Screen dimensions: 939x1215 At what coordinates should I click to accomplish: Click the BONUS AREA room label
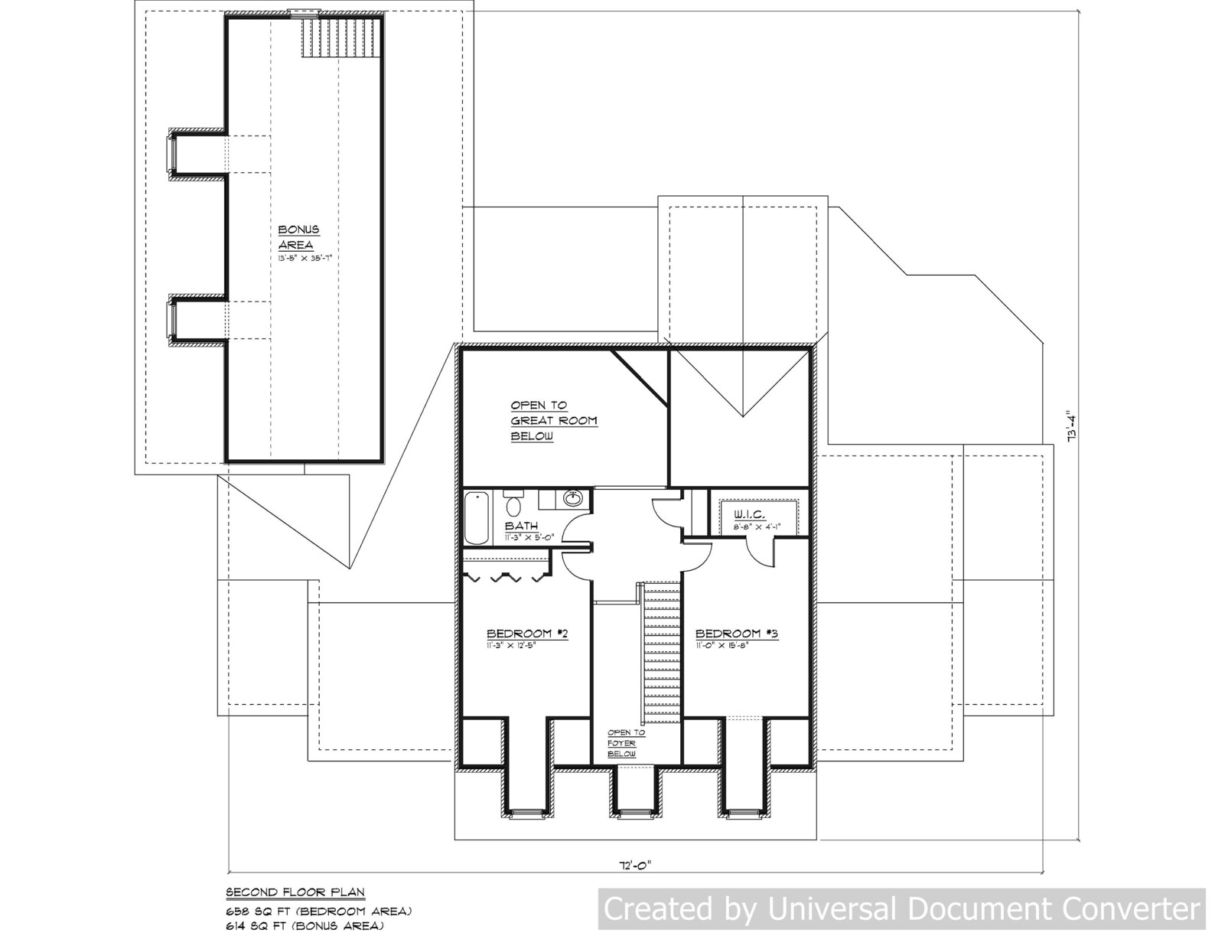(x=298, y=237)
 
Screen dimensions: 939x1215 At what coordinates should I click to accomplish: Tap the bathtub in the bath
(x=477, y=518)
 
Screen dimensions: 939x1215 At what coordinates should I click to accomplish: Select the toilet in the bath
(x=513, y=505)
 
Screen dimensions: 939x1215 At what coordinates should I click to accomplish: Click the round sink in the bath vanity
(x=572, y=499)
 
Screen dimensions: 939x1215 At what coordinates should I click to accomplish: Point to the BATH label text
(x=521, y=527)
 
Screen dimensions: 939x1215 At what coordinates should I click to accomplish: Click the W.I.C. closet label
(x=749, y=514)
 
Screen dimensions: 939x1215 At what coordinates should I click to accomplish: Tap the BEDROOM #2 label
(x=527, y=634)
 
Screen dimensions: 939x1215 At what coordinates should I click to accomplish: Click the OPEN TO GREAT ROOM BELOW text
(x=554, y=421)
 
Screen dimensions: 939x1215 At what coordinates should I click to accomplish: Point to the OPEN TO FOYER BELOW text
(x=626, y=743)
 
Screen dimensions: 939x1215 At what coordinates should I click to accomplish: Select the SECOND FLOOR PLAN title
(x=295, y=892)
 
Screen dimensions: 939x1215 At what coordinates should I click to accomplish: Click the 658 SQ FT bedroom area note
(x=318, y=911)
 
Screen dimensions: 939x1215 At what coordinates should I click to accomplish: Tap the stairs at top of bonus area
(x=340, y=37)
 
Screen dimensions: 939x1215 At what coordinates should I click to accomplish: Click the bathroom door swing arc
(x=574, y=528)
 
